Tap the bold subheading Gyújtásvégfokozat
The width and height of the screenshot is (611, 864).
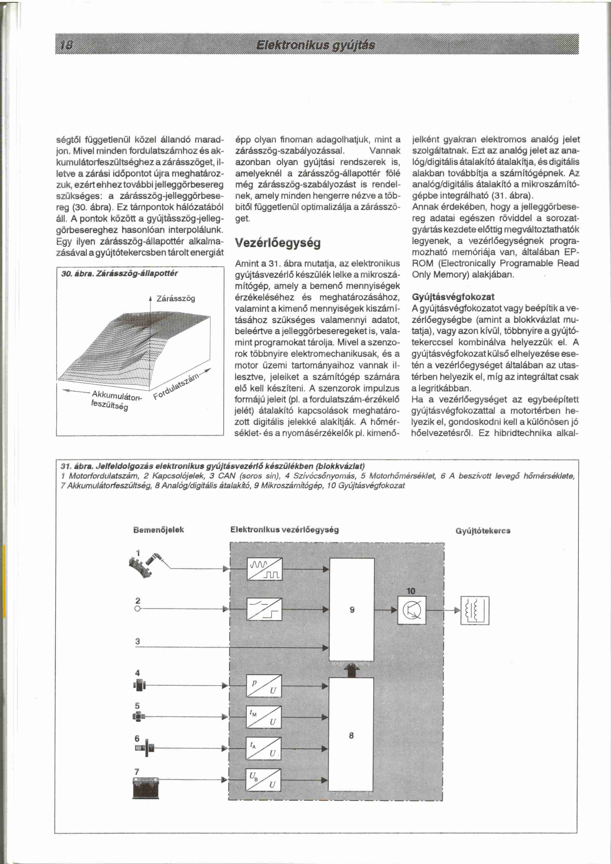pos(453,297)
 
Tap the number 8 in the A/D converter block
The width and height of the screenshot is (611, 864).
pos(351,735)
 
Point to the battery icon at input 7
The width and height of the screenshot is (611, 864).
pos(146,786)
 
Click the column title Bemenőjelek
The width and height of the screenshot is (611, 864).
pos(158,530)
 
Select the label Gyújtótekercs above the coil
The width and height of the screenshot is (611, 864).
pos(483,531)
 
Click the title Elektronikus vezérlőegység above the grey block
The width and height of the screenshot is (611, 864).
pos(284,530)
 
